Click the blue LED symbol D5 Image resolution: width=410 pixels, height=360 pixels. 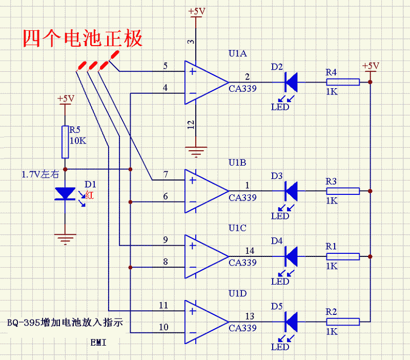(x=291, y=322)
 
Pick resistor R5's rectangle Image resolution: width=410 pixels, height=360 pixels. (x=65, y=142)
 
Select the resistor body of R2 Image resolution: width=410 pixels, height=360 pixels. (x=343, y=322)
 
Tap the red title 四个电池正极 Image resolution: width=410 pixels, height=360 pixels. (x=83, y=38)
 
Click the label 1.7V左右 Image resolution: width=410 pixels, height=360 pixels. (x=40, y=174)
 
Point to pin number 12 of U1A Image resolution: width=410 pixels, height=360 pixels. (x=190, y=124)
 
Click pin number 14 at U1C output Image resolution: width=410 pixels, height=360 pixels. (x=250, y=251)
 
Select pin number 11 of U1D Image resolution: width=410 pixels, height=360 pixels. (x=163, y=306)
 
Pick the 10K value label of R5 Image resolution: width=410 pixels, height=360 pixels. (x=77, y=141)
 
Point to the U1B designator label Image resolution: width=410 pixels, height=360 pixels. (x=238, y=163)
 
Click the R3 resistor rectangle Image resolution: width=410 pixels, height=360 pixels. (x=343, y=191)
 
